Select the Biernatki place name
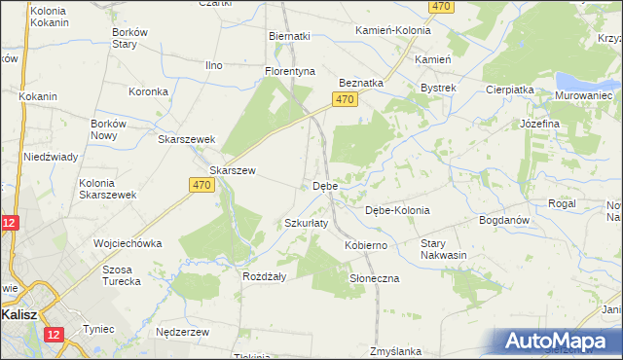(289, 36)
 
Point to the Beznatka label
(361, 84)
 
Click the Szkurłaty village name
(306, 223)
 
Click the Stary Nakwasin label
(444, 249)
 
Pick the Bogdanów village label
(503, 220)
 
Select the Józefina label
(539, 125)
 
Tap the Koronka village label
(149, 92)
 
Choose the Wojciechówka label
(127, 243)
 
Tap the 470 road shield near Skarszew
(202, 185)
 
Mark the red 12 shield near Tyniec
(52, 335)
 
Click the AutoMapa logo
(556, 341)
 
